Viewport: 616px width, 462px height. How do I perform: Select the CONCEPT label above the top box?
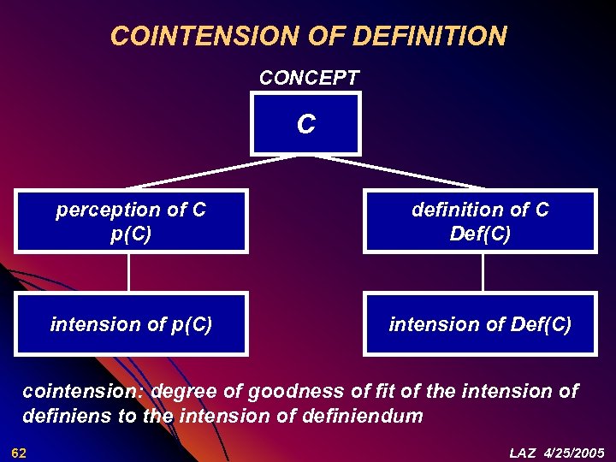point(309,78)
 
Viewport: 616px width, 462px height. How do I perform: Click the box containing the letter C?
point(305,125)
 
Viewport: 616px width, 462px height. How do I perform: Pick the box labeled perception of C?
point(131,221)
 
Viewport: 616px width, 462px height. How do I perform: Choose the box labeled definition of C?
point(480,221)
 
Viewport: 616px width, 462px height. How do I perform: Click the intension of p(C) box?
point(131,324)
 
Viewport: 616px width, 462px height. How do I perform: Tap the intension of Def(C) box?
point(480,324)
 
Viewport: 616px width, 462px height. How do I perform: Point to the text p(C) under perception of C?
point(131,234)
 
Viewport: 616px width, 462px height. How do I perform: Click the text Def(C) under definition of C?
point(480,234)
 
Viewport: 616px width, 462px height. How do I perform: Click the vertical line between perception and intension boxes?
point(129,273)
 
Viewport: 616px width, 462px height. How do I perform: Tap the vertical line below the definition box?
point(483,273)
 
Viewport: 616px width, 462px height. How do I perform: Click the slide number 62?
point(19,452)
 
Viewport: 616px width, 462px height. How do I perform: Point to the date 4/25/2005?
point(574,452)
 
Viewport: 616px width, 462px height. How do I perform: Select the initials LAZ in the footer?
point(524,452)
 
